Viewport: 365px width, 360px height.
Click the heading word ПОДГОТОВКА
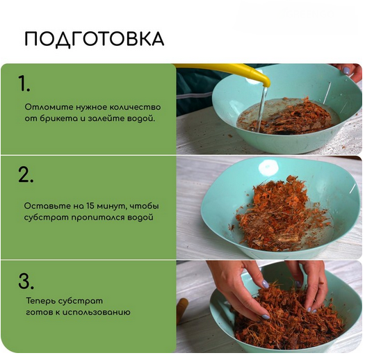(x=94, y=39)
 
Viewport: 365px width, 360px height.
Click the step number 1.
(x=24, y=84)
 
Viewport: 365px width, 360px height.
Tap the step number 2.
(x=26, y=175)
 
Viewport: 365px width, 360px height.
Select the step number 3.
(x=26, y=281)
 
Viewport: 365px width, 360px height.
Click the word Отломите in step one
(x=44, y=107)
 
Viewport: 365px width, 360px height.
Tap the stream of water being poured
(x=262, y=104)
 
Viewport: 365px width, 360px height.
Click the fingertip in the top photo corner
(x=347, y=70)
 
